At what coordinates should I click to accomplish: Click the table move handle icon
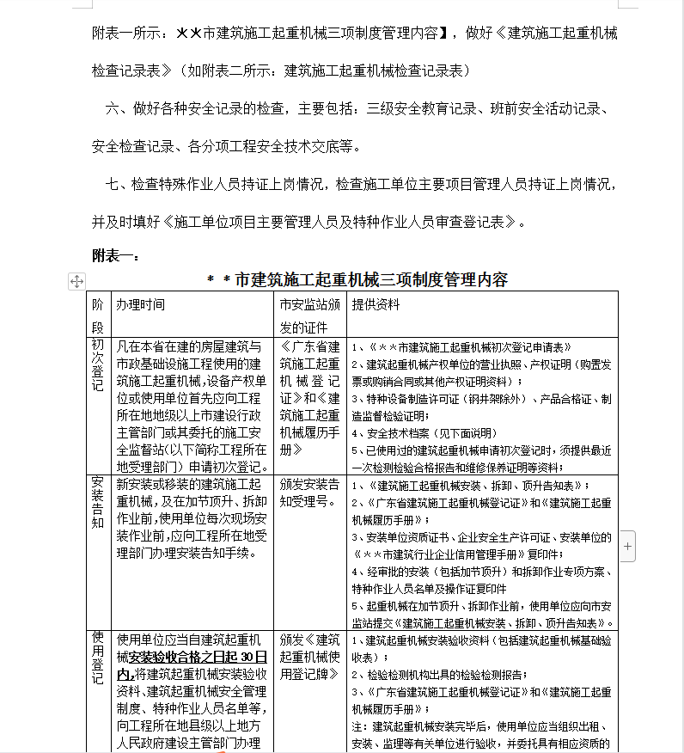point(76,281)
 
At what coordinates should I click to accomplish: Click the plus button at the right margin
point(628,546)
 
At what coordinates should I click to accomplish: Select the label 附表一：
point(111,255)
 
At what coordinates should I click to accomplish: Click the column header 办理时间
point(141,305)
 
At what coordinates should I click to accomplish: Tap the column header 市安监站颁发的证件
point(310,315)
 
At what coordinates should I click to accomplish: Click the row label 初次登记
point(98,364)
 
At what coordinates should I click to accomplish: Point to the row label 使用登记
point(98,658)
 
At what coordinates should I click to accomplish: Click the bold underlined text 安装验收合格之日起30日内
point(194,664)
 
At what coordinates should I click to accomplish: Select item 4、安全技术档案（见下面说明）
point(421,433)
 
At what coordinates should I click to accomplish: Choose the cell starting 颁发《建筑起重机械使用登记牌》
point(310,657)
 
